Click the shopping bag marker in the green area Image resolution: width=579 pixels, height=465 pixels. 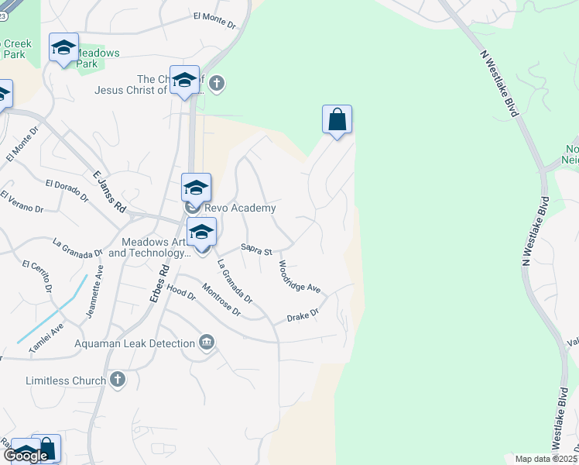(x=337, y=120)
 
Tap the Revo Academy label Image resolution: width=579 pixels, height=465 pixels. (x=240, y=208)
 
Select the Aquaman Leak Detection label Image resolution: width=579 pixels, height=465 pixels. (x=135, y=343)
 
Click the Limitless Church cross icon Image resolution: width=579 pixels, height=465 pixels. (x=117, y=380)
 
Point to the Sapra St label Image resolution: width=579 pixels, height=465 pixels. (x=256, y=250)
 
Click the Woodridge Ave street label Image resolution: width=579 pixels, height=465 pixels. (x=300, y=277)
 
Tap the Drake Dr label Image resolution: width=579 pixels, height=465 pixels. (x=303, y=316)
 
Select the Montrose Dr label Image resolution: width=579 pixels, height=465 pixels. (x=221, y=301)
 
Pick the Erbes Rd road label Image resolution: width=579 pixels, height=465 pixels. (x=164, y=281)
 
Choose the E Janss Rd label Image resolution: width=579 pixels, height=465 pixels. (x=109, y=192)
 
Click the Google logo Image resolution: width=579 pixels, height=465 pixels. (x=26, y=456)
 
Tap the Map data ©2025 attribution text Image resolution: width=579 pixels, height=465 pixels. (x=546, y=459)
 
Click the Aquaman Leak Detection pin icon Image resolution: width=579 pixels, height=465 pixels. (x=207, y=343)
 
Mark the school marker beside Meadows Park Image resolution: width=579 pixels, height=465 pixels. (x=63, y=48)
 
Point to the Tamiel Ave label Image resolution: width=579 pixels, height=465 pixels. (x=46, y=341)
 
